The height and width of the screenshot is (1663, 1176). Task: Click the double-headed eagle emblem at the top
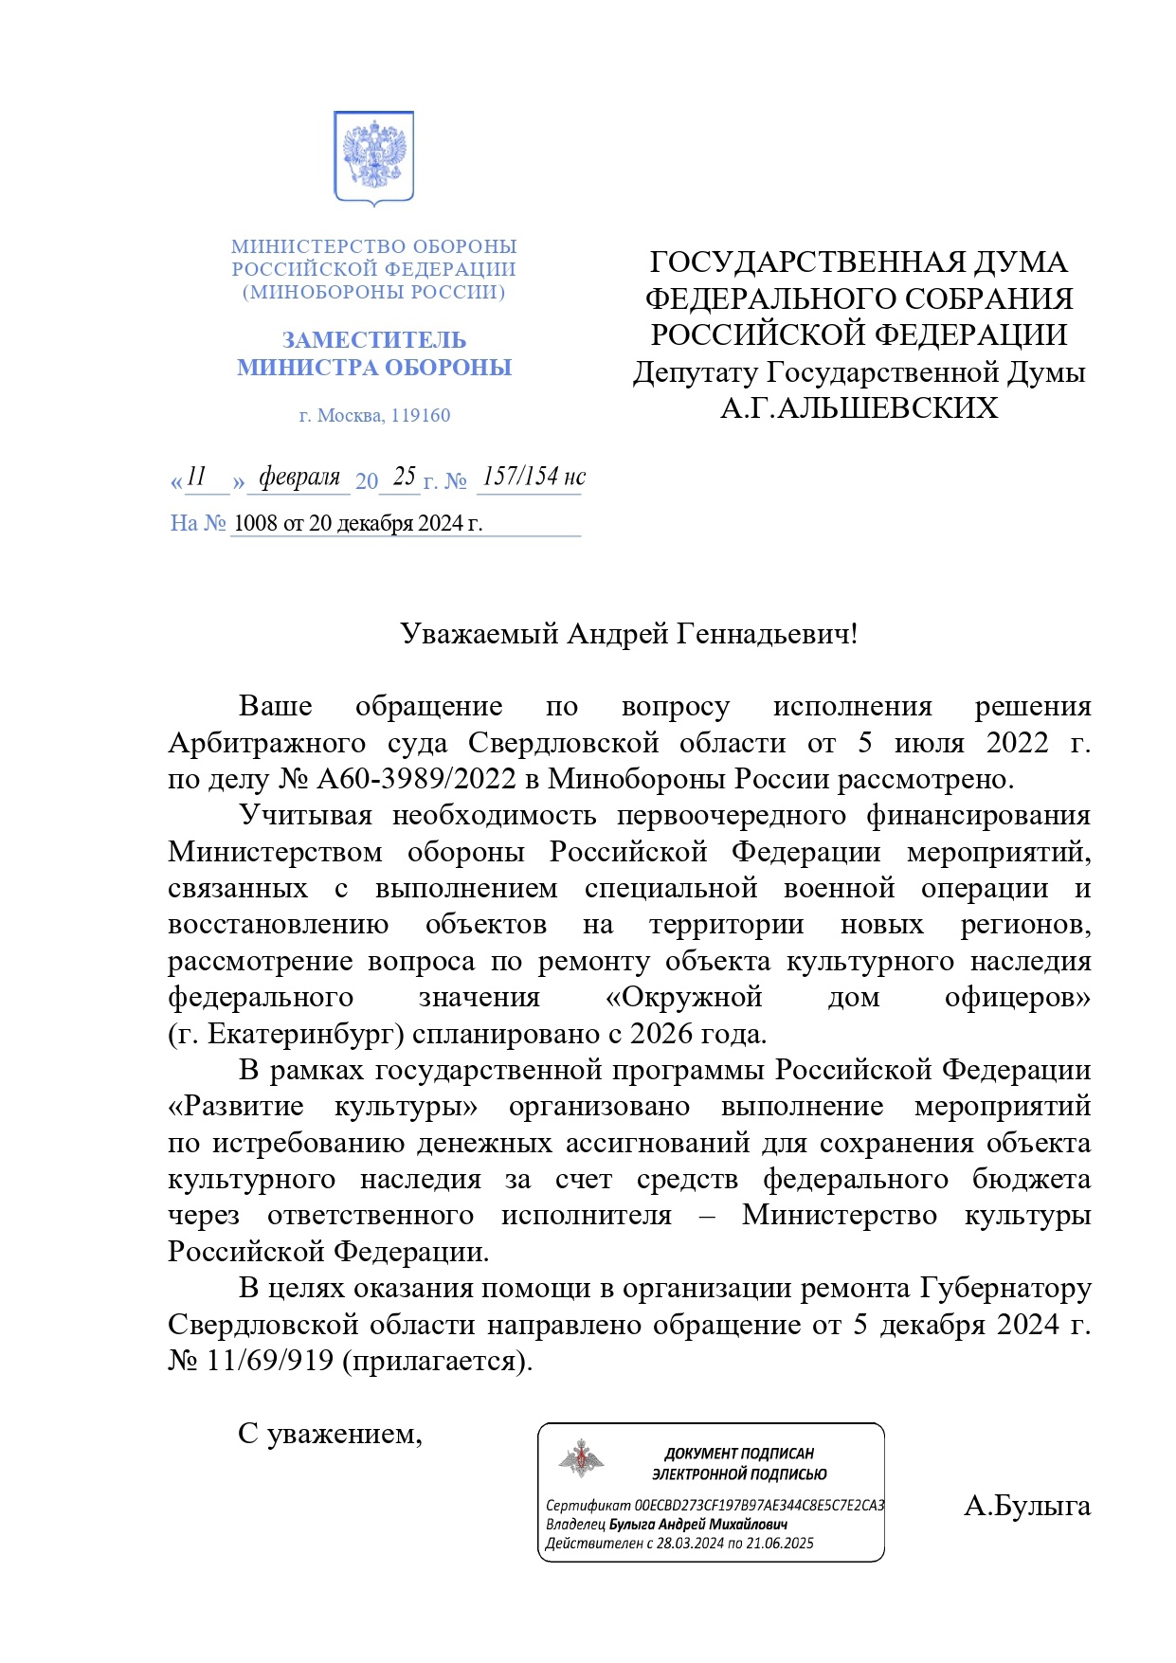coord(373,156)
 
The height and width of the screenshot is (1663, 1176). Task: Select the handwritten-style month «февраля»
coord(299,477)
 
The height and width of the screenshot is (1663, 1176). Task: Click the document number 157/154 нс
coord(534,477)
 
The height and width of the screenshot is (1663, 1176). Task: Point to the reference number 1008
coord(252,523)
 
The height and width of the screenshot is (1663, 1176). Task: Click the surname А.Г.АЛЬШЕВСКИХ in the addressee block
coord(859,408)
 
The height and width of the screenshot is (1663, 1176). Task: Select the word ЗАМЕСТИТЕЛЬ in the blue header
coord(373,340)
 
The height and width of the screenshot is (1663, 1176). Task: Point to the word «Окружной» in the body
coord(683,997)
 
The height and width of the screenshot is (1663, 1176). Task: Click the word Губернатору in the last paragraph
coord(1005,1289)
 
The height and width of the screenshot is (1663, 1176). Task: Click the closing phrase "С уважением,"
coord(330,1434)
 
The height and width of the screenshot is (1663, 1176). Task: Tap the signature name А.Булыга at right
coord(1026,1506)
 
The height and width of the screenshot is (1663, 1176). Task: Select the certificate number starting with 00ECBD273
coord(759,1505)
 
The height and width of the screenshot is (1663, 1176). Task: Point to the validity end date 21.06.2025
coord(780,1543)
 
